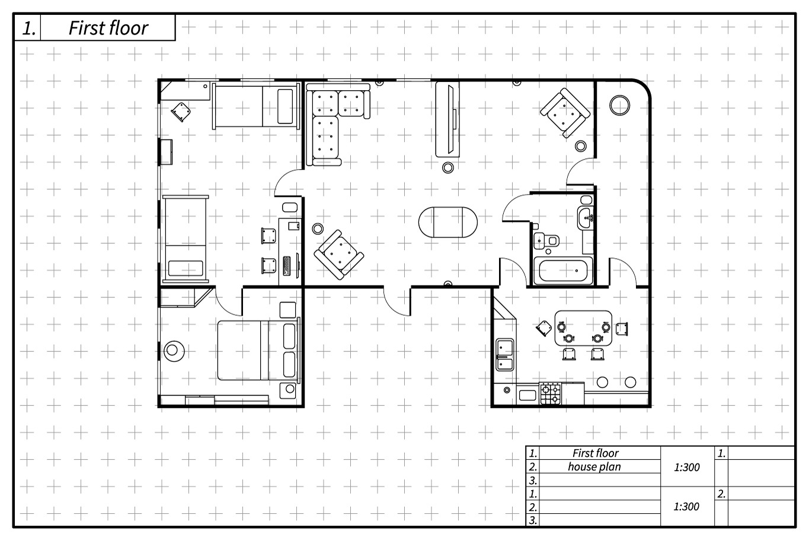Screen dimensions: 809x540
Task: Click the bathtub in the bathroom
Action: (563, 271)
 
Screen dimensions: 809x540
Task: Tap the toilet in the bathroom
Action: (546, 240)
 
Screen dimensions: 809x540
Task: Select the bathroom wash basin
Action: (585, 218)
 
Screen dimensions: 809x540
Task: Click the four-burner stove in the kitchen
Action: (551, 393)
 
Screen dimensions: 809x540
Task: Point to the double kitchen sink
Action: (505, 354)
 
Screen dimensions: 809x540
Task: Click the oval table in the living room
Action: (448, 222)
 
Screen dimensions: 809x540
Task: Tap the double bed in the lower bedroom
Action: (259, 350)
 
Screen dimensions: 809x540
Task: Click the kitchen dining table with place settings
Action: (583, 328)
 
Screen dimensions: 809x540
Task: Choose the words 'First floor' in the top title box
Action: (108, 28)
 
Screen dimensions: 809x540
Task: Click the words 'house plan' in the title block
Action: (594, 466)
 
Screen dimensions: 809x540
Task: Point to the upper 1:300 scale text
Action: (686, 467)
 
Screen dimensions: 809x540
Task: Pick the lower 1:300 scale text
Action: (686, 507)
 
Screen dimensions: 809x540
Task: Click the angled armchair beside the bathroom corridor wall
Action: (565, 113)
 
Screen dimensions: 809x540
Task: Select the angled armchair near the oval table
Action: (339, 255)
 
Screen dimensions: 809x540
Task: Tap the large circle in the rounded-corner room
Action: (619, 105)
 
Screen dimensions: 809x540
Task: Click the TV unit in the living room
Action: (447, 119)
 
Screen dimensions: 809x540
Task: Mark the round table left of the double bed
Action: (174, 351)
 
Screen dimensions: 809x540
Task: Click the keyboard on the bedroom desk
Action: (287, 266)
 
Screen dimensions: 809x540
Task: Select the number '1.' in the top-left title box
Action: (29, 28)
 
